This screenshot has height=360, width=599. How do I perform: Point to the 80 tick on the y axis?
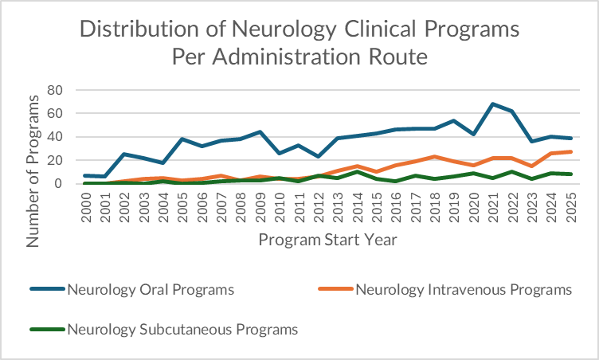[x=55, y=90]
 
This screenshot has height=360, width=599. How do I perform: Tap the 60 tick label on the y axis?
[x=55, y=113]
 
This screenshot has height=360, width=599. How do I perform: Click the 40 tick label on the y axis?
[x=55, y=136]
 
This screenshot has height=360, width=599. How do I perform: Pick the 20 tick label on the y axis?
[x=55, y=160]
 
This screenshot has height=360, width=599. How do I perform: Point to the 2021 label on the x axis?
[x=491, y=209]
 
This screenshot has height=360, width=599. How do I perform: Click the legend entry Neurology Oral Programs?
[x=151, y=289]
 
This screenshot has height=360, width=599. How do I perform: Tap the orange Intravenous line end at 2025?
[x=570, y=152]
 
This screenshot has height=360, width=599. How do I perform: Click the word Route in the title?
[x=394, y=57]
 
